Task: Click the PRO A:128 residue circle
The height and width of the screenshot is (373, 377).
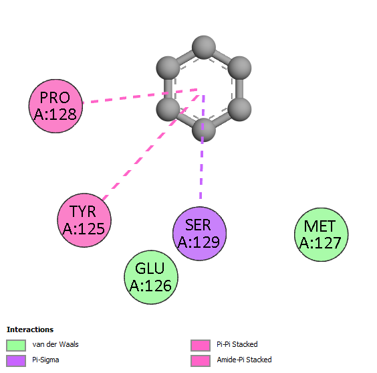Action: pyautogui.click(x=55, y=106)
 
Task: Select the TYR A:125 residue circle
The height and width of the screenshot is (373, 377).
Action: pyautogui.click(x=84, y=220)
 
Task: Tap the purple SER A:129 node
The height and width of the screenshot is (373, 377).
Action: pyautogui.click(x=199, y=234)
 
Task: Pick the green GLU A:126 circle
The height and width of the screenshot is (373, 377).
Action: pyautogui.click(x=151, y=277)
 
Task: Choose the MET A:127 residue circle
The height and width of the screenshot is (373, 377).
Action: pyautogui.click(x=322, y=234)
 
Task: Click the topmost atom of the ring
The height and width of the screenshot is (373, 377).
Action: pyautogui.click(x=204, y=48)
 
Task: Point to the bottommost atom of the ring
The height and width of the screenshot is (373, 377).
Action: pyautogui.click(x=203, y=130)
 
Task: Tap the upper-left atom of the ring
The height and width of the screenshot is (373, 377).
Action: pyautogui.click(x=168, y=68)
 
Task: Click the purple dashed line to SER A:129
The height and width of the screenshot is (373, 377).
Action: pyautogui.click(x=203, y=147)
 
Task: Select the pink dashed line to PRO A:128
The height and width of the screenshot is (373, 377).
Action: pyautogui.click(x=140, y=96)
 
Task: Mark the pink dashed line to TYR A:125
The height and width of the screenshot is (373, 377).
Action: pyautogui.click(x=151, y=147)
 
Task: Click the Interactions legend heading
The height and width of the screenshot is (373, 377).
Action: pyautogui.click(x=30, y=329)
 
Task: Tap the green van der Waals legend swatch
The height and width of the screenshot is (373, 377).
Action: pyautogui.click(x=16, y=346)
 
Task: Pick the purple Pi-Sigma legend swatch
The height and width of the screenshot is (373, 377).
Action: pyautogui.click(x=16, y=361)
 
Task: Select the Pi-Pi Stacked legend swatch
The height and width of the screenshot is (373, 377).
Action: pyautogui.click(x=201, y=346)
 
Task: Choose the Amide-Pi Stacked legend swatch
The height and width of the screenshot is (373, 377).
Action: pyautogui.click(x=201, y=361)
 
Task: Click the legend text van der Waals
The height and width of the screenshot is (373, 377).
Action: pyautogui.click(x=55, y=344)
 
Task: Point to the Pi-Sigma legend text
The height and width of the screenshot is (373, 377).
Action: pyautogui.click(x=45, y=360)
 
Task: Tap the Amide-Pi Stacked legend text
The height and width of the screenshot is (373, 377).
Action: pyautogui.click(x=244, y=360)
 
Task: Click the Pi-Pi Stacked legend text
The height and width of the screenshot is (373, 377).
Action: pyautogui.click(x=237, y=344)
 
